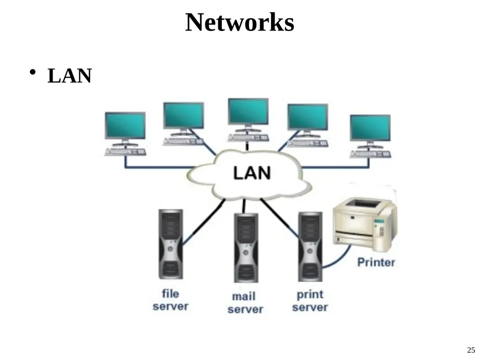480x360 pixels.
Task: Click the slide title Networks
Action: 240,22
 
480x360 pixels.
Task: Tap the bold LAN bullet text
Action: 69,75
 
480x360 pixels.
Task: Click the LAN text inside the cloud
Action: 252,172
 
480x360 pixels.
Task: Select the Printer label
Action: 376,262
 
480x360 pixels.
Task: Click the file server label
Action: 171,300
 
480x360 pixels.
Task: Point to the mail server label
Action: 245,303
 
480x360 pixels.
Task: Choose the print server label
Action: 310,300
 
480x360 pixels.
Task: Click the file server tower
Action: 171,244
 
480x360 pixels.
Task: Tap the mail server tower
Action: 246,247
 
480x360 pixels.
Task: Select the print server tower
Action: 310,247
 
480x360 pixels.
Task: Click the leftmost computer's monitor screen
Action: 125,126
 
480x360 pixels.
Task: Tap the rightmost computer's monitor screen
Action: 370,128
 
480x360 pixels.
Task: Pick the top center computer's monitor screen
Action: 248,111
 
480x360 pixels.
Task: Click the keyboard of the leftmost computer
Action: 125,152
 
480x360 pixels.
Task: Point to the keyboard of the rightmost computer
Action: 370,154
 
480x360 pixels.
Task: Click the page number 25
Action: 471,350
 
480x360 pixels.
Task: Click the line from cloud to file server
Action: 204,222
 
